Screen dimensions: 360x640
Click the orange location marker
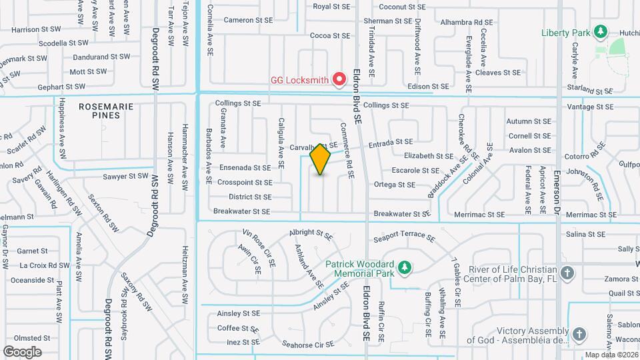point(321,159)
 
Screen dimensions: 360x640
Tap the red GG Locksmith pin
point(339,79)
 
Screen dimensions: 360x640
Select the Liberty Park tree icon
point(601,32)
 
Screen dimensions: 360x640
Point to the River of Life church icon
point(567,273)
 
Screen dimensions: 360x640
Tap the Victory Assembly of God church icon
point(579,334)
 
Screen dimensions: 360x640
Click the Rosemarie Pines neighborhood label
point(107,111)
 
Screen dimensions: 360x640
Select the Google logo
point(22,351)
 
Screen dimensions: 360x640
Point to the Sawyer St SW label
point(125,176)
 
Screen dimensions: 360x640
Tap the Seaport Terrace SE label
point(404,237)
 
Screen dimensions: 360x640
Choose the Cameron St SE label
point(248,20)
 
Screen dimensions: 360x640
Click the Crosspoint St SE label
point(245,182)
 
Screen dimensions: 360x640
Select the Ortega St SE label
point(395,184)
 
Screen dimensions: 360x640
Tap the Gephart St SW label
point(61,87)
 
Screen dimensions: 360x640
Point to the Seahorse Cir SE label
point(307,345)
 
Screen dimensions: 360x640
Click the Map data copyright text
point(611,355)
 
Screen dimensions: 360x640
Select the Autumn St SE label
point(529,121)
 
